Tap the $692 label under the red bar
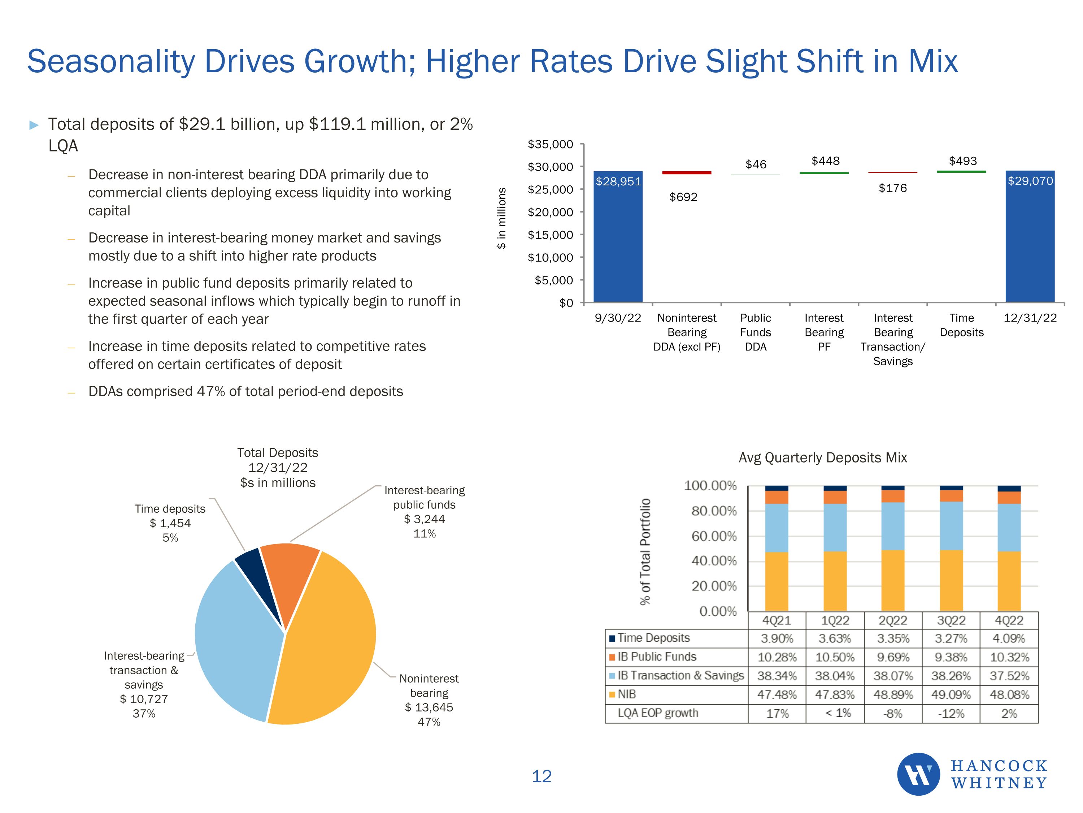point(683,197)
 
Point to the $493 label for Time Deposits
point(962,161)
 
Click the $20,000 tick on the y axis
point(550,212)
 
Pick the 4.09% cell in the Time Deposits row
point(1009,638)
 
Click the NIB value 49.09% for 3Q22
point(951,694)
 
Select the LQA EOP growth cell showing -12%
point(951,714)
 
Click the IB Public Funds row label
point(657,657)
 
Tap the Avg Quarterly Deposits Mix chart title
point(822,458)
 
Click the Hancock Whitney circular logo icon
point(918,774)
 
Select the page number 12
point(541,776)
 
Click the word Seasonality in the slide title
point(111,62)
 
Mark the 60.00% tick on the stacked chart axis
point(714,536)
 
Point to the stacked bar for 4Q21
point(777,549)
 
